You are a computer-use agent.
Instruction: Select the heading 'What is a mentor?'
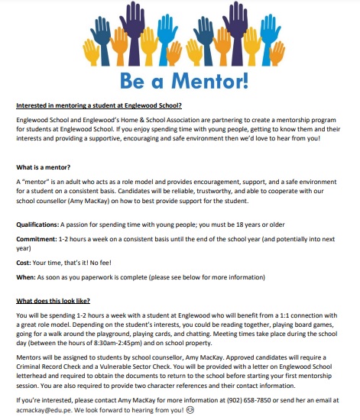44,166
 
